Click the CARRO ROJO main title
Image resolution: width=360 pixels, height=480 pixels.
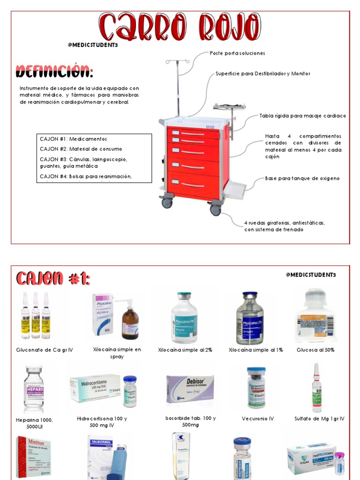[x=180, y=27]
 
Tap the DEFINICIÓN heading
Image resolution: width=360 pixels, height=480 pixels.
[x=54, y=72]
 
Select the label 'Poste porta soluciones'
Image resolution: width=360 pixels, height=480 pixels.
[x=237, y=53]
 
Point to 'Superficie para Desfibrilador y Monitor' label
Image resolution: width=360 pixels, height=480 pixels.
[x=262, y=74]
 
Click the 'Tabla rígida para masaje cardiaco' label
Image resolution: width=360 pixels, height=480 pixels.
[x=302, y=116]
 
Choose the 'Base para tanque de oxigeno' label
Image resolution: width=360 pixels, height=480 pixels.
[x=302, y=178]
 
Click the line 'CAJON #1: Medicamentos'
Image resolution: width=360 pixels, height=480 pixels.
[x=74, y=139]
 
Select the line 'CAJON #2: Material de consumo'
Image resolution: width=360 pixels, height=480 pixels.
[x=81, y=149]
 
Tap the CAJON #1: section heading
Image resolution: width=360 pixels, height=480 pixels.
[x=53, y=279]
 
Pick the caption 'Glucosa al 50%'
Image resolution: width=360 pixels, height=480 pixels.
[x=315, y=350]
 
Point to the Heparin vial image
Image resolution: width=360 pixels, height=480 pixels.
[x=34, y=389]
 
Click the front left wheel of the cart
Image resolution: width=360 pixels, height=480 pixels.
[x=167, y=203]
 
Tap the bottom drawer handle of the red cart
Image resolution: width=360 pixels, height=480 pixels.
[x=193, y=184]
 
